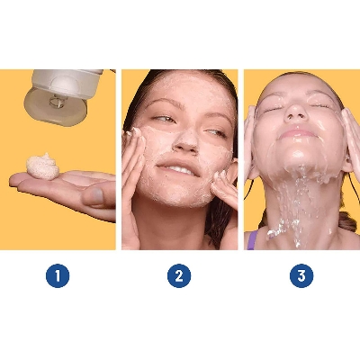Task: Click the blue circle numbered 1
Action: click(x=58, y=275)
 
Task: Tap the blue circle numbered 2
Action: click(x=179, y=275)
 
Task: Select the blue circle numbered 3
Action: click(x=301, y=275)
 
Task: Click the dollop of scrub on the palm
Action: click(x=42, y=166)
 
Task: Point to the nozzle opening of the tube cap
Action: click(x=56, y=101)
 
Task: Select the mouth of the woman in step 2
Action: click(x=178, y=168)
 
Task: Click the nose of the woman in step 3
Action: click(x=295, y=113)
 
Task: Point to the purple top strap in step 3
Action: click(x=252, y=240)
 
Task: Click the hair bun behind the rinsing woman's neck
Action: click(x=348, y=221)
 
